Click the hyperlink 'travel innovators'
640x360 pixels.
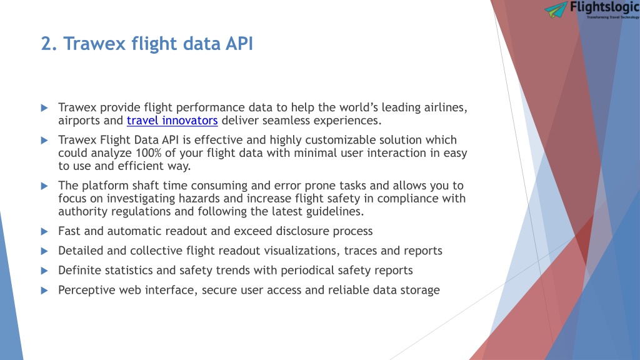pyautogui.click(x=172, y=121)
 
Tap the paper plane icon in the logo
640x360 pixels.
pyautogui.click(x=556, y=9)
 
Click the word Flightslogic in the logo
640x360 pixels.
pyautogui.click(x=604, y=7)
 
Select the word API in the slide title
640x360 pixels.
pyautogui.click(x=239, y=44)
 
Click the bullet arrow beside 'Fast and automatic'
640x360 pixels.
pyautogui.click(x=44, y=231)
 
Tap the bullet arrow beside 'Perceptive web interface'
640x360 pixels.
pyautogui.click(x=44, y=291)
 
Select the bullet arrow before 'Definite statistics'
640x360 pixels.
pyautogui.click(x=44, y=271)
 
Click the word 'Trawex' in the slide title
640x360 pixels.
pyautogui.click(x=95, y=44)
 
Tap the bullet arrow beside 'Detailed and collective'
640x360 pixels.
pyautogui.click(x=44, y=251)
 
